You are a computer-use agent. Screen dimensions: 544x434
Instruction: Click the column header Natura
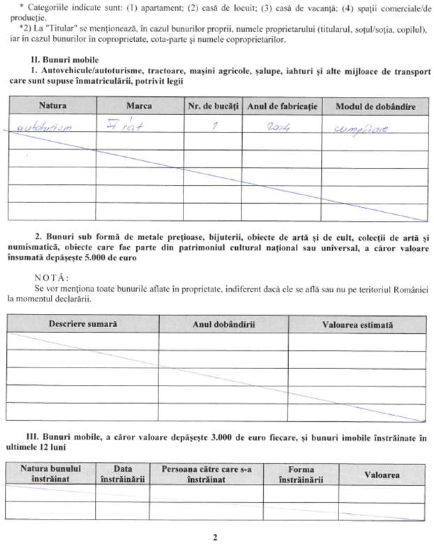point(53,106)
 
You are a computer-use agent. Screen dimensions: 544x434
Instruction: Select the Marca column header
point(140,106)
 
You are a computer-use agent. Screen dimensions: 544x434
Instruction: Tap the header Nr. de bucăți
point(214,106)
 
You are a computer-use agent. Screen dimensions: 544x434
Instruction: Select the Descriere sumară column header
point(83,325)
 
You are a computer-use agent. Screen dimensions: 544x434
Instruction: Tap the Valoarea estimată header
point(357,325)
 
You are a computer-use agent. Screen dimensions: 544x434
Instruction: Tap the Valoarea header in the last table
point(382,474)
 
